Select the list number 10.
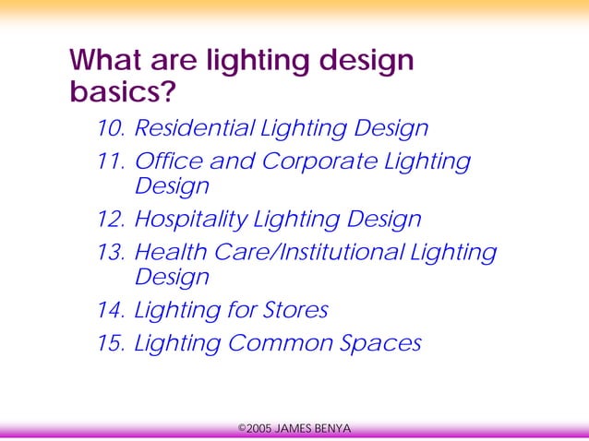point(110,128)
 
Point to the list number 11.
point(110,161)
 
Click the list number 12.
point(110,220)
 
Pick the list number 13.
point(110,252)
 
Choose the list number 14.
point(110,310)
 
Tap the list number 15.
point(110,343)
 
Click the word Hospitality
point(190,220)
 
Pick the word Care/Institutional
point(305,252)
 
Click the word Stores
point(296,310)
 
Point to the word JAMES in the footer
point(294,428)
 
